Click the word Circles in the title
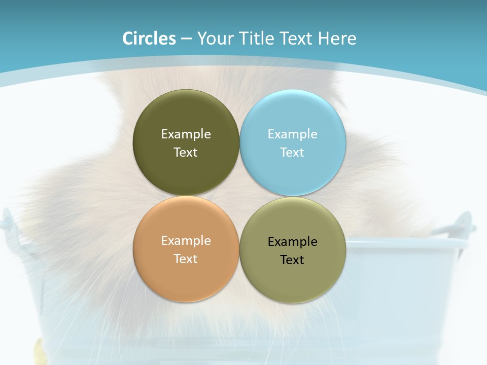[149, 39]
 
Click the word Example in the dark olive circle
[186, 134]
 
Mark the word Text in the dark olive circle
[186, 153]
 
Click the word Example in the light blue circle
[292, 134]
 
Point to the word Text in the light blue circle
[292, 153]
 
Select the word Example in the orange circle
[186, 241]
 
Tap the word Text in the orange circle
[186, 259]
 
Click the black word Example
[292, 242]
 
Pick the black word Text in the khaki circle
[292, 260]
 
